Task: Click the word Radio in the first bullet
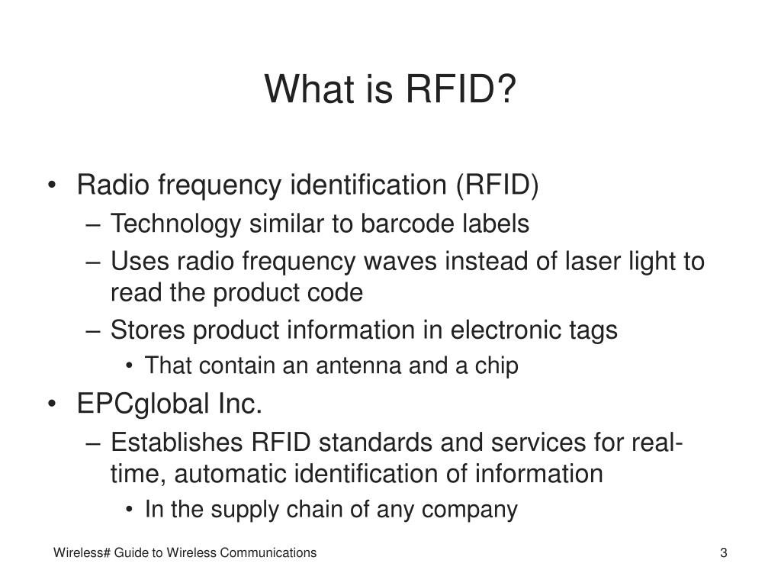tap(113, 185)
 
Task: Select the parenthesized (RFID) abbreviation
tap(497, 185)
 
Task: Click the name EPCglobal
tap(143, 404)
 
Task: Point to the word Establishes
tap(177, 442)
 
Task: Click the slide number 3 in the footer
tap(724, 552)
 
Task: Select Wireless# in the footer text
tap(82, 552)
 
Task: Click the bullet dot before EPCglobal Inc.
tap(52, 404)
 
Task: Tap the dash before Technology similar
tap(93, 225)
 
